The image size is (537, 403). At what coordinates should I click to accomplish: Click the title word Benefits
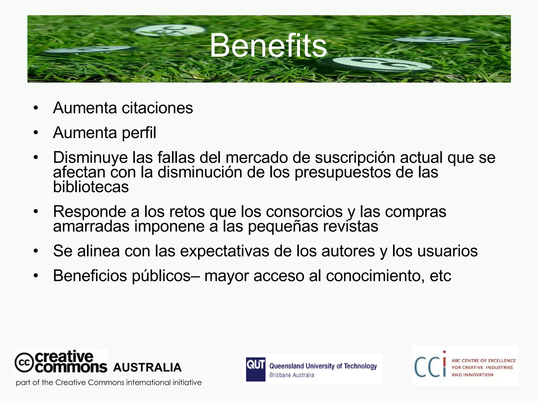tap(268, 46)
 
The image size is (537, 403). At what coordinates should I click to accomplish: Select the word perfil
tap(139, 133)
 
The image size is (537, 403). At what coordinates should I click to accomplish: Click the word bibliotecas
tap(91, 187)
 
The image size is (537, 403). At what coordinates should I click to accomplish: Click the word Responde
tap(89, 212)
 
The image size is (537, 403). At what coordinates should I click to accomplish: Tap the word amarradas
tap(91, 226)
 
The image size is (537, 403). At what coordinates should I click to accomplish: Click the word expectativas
tap(224, 251)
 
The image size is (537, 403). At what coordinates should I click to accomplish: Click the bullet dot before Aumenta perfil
tap(36, 133)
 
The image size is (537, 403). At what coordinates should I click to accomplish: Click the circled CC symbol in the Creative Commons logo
tap(24, 363)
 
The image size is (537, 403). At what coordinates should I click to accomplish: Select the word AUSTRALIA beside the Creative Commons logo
tap(147, 368)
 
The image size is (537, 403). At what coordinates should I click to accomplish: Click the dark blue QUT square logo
tap(255, 369)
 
